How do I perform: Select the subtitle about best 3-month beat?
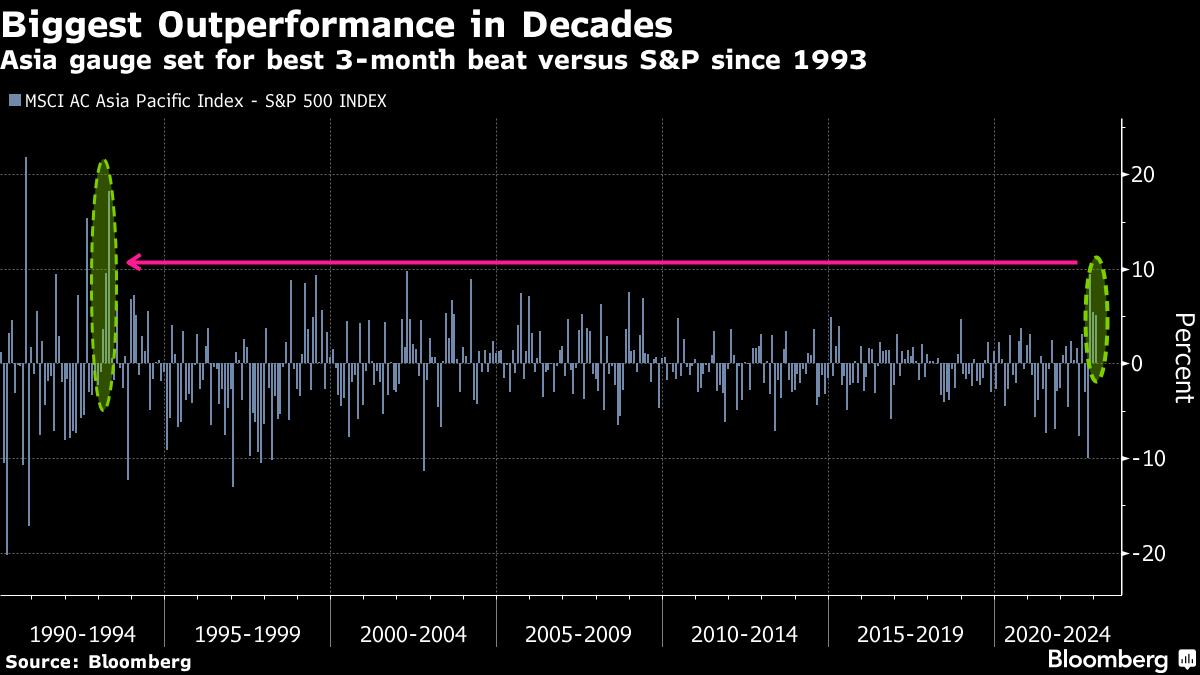[x=433, y=60]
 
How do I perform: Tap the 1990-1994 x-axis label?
[x=82, y=634]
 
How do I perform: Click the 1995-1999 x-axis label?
[x=247, y=634]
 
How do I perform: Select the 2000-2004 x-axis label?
[x=412, y=634]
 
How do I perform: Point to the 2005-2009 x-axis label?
[x=578, y=634]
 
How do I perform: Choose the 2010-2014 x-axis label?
[x=744, y=634]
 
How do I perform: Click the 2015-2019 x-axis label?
[x=909, y=634]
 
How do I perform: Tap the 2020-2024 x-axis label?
[x=1056, y=634]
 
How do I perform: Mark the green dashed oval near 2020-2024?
[x=1098, y=318]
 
